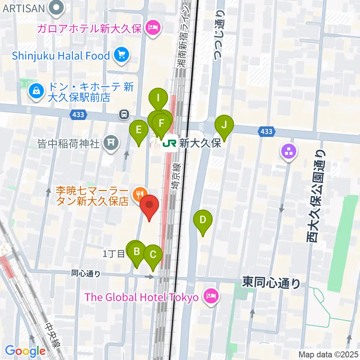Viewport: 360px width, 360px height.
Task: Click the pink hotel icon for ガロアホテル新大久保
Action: coord(153,28)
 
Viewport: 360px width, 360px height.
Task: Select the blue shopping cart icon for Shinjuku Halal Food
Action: coord(121,56)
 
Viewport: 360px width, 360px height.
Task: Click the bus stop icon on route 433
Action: coord(124,114)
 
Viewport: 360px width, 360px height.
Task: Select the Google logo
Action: coord(25,351)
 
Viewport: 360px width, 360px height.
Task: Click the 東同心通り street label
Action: coord(271,282)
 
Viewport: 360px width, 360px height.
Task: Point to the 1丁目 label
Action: coord(114,254)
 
